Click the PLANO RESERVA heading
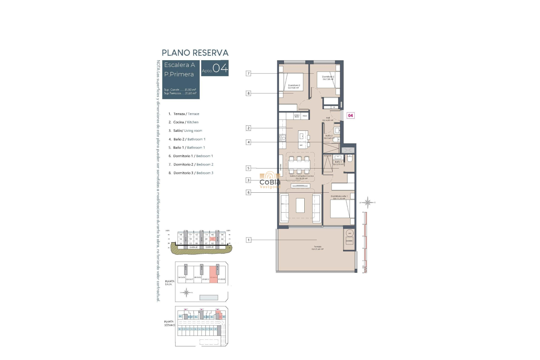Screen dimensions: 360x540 pos(195,53)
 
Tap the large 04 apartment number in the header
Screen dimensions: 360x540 pos(220,68)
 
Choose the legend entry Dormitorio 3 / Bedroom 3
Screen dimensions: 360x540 pos(193,173)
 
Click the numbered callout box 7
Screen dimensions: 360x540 pos(248,73)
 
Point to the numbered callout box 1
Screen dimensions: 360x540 pos(248,240)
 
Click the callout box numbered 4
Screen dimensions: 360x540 pos(248,142)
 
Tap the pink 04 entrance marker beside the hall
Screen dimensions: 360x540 pos(350,115)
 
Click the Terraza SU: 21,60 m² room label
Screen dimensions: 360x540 pos(318,248)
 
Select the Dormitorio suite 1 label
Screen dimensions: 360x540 pos(339,197)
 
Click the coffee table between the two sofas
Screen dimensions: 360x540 pos(300,205)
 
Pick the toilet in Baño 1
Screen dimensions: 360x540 pos(350,159)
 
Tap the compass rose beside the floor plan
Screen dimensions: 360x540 pos(367,202)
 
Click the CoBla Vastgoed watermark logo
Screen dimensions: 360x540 pos(270,180)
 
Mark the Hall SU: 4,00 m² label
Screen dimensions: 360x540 pos(328,119)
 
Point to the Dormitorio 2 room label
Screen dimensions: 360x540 pos(328,78)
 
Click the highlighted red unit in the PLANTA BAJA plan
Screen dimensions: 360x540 pos(213,275)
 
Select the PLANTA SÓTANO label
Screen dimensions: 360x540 pos(169,323)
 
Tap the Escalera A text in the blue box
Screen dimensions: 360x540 pos(179,65)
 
